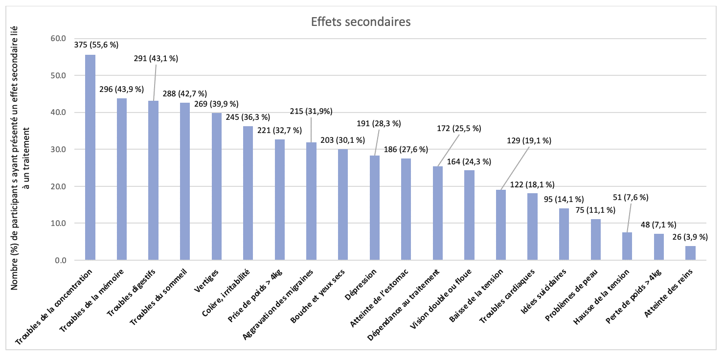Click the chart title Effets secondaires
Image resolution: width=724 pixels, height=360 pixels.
pos(361,22)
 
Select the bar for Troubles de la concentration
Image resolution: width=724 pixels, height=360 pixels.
pos(90,157)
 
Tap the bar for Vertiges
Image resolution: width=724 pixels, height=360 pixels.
pos(217,186)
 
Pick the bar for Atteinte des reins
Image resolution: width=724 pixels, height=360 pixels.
pos(690,253)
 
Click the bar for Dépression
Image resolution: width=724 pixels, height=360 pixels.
pos(374,208)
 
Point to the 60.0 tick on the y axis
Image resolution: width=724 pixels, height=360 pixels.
pos(59,38)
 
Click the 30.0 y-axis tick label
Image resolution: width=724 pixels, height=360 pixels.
pos(59,149)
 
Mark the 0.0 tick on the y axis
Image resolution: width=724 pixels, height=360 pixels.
pos(61,260)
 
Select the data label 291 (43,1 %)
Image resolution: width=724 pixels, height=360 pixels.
pos(156,58)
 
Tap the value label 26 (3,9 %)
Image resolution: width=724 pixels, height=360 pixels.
pos(689,237)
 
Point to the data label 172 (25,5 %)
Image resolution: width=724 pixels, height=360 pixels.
pos(458,129)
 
